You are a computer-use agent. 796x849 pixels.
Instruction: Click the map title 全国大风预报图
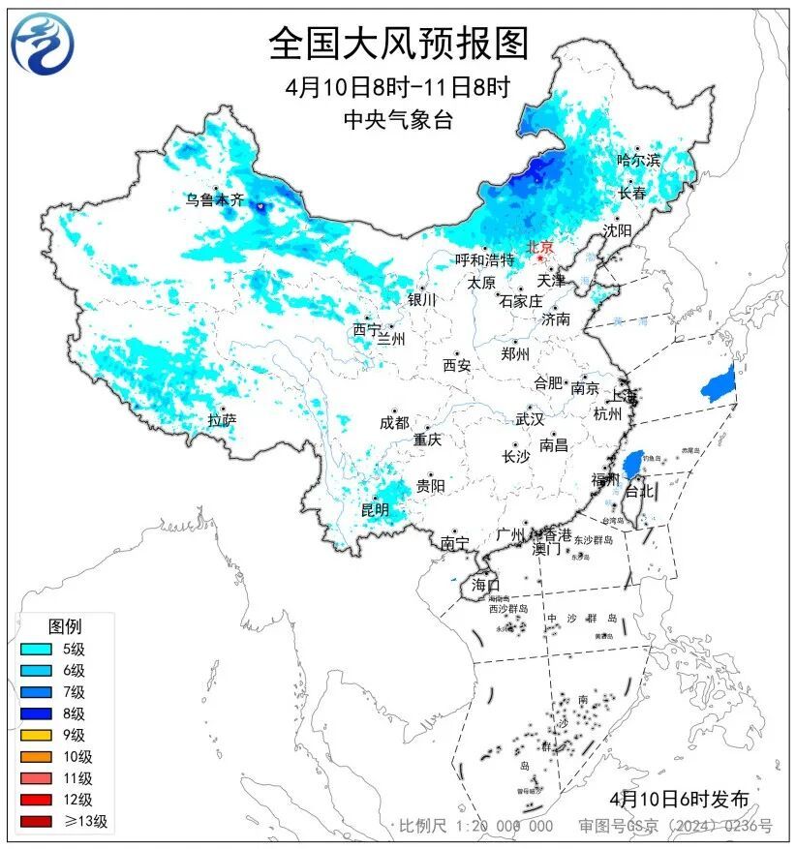(398, 44)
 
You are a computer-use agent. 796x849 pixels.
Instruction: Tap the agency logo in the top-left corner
(43, 44)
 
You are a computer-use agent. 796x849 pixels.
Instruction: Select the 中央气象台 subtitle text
(398, 119)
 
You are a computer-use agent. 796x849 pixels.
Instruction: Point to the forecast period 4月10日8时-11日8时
(398, 86)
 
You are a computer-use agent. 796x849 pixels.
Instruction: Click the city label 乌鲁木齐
(216, 200)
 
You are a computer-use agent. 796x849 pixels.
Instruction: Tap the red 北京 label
(539, 248)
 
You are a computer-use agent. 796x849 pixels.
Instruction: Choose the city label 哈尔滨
(638, 160)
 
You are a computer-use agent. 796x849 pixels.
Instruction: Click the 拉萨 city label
(222, 420)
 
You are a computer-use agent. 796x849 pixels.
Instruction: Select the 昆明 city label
(375, 509)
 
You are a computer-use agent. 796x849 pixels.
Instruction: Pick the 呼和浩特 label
(487, 259)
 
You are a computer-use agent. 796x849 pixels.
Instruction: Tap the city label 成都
(394, 423)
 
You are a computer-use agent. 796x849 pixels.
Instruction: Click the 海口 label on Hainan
(485, 585)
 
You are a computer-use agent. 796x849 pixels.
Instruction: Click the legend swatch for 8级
(35, 713)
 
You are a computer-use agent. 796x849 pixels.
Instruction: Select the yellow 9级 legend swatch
(35, 735)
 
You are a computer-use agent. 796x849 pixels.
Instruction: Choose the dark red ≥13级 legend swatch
(35, 822)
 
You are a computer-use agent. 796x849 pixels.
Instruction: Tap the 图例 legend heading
(65, 626)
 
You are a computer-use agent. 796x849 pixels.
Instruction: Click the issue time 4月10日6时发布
(680, 799)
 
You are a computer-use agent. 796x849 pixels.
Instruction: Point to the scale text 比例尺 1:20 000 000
(476, 826)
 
